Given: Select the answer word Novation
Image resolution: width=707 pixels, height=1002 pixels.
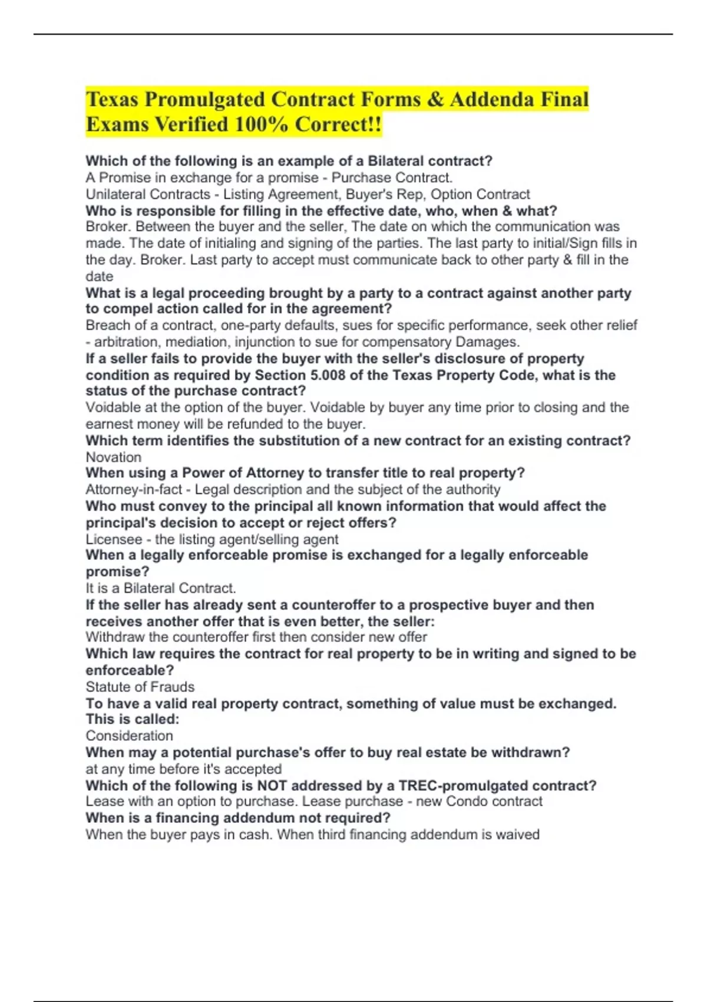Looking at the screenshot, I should pyautogui.click(x=114, y=457).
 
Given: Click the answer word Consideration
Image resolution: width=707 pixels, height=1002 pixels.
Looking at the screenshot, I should pyautogui.click(x=130, y=736).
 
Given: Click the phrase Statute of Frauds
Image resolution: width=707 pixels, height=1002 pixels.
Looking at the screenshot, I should pyautogui.click(x=140, y=687).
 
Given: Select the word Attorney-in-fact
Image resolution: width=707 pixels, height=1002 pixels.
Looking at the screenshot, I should pyautogui.click(x=126, y=490).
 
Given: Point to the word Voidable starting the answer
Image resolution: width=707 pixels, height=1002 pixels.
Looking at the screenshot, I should pyautogui.click(x=110, y=408).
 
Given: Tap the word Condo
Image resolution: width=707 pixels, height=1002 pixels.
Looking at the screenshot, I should pyautogui.click(x=465, y=802).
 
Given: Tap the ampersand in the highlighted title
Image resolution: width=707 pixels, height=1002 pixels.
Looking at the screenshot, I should pyautogui.click(x=435, y=100).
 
